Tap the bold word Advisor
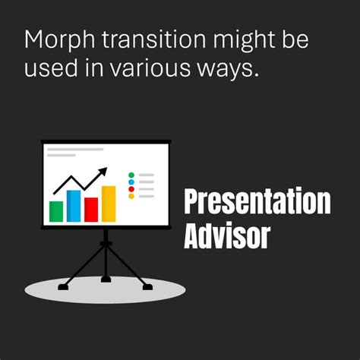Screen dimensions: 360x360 pyautogui.click(x=227, y=236)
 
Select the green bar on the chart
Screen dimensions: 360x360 pyautogui.click(x=56, y=210)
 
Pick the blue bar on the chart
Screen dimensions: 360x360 pyautogui.click(x=74, y=205)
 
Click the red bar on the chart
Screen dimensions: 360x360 pyautogui.click(x=91, y=209)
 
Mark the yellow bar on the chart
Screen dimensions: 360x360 pyautogui.click(x=109, y=203)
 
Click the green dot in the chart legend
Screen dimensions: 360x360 pyautogui.click(x=131, y=175)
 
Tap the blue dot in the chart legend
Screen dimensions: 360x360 pyautogui.click(x=131, y=182)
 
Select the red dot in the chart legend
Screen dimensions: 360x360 pyautogui.click(x=131, y=189)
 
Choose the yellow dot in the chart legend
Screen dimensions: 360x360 pyautogui.click(x=131, y=196)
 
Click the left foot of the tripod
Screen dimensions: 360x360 pyautogui.click(x=63, y=285)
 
